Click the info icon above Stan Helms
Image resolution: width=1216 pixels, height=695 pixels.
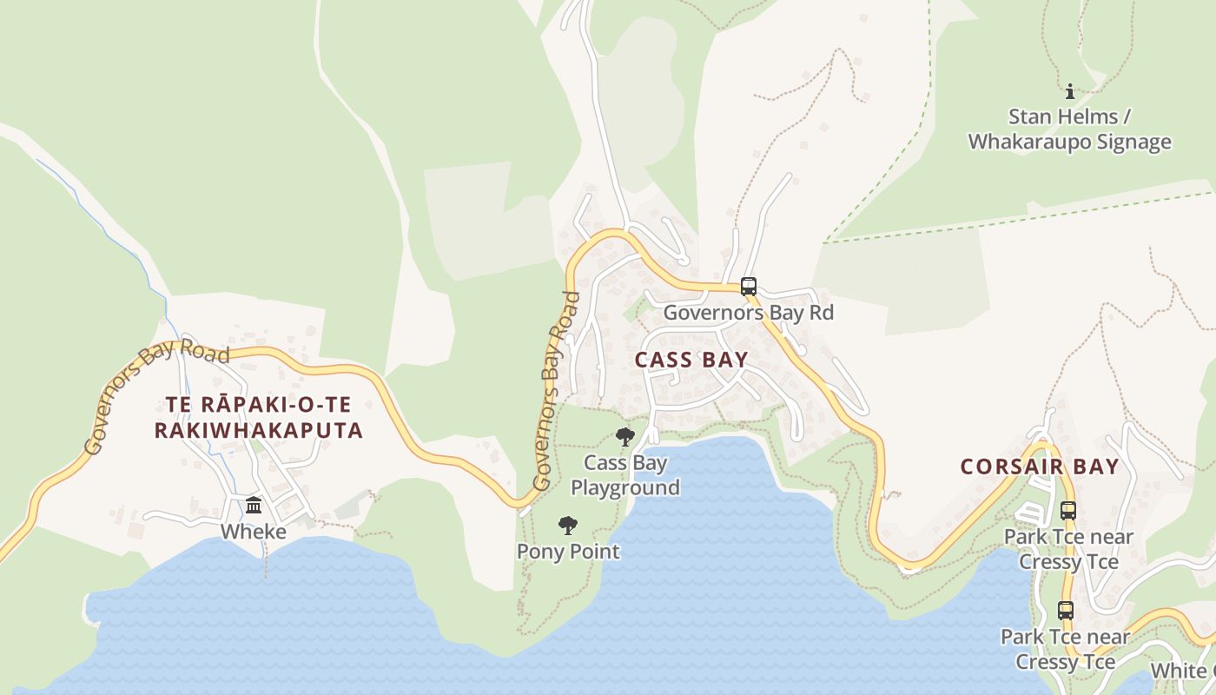coord(1070,91)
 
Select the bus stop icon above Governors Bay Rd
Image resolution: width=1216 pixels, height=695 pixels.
coord(748,287)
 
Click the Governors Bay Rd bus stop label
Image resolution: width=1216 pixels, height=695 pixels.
coord(748,313)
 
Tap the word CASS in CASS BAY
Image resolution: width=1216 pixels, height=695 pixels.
coord(664,360)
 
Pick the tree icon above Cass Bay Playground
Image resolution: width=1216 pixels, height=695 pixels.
coord(625,437)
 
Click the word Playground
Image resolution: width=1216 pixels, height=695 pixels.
coord(625,487)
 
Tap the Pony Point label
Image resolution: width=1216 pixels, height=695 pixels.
coord(568,552)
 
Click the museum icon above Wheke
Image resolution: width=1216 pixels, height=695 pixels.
coord(254,505)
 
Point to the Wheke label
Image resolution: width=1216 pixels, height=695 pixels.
coord(253,531)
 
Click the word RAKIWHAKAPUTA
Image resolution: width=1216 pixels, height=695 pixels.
coord(258,430)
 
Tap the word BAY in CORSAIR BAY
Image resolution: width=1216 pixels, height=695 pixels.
coord(1096,467)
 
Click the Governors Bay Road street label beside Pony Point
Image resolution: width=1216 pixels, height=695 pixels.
coord(556,391)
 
